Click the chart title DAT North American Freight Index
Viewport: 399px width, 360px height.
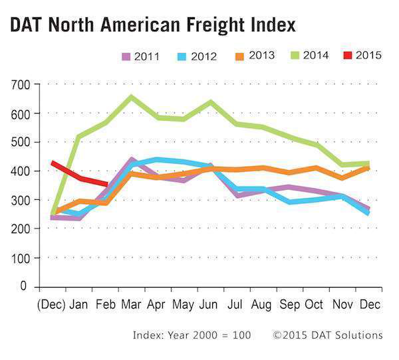152,25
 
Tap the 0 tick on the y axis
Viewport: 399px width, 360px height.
25,286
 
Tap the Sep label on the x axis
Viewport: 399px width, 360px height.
289,305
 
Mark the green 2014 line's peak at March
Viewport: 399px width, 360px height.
131,97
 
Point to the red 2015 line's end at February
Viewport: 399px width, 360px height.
106,184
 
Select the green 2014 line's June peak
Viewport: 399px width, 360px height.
210,102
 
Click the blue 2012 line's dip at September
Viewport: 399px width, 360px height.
289,201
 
